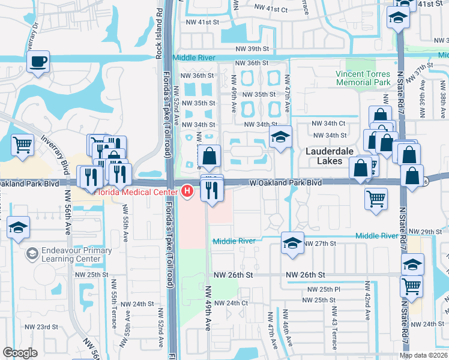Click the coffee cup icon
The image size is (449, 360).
38,61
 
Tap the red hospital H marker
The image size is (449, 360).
187,192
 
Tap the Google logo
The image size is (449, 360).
20,353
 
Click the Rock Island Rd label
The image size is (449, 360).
159,24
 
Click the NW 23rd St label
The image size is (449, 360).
41,327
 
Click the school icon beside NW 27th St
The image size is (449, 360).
292,242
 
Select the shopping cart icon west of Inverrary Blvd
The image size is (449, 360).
23,144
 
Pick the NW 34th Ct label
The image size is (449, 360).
327,124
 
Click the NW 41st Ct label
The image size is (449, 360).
271,10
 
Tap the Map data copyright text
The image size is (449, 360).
423,355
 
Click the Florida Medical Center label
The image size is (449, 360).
137,192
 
